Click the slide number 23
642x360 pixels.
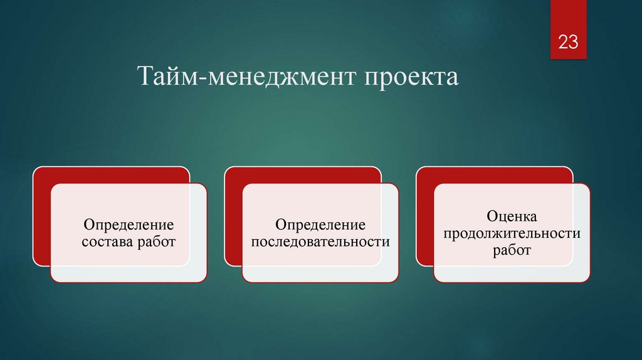coord(568,43)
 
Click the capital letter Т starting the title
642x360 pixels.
coord(145,78)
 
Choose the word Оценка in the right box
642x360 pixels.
coord(512,217)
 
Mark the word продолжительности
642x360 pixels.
coord(512,233)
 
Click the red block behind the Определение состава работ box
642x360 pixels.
coord(41,213)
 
